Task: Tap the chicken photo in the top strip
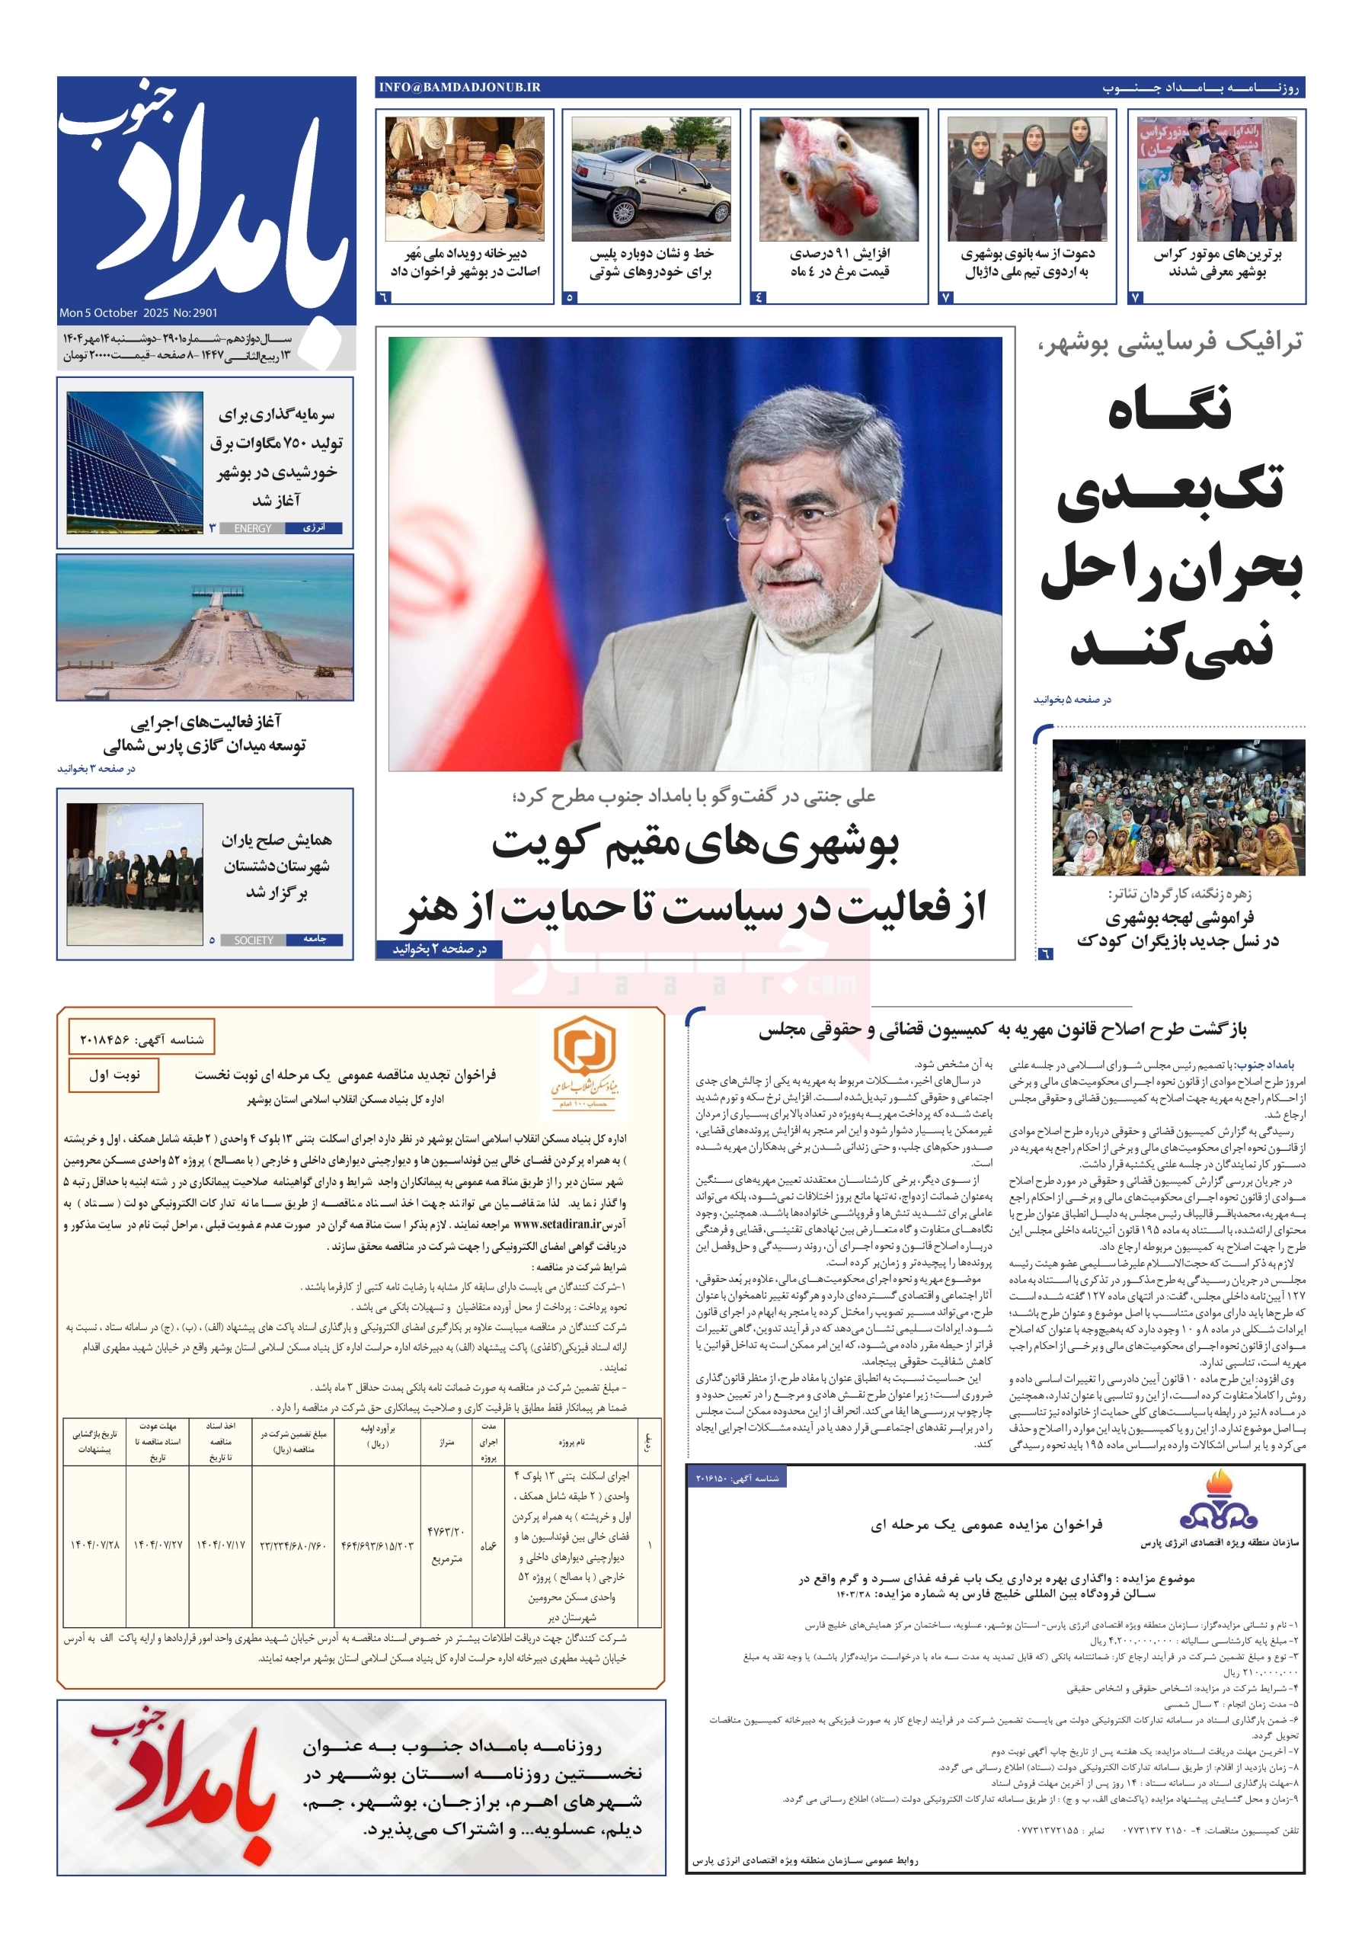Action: point(838,179)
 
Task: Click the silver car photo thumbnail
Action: point(651,179)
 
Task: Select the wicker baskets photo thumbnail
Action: point(464,179)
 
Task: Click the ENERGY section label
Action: point(252,529)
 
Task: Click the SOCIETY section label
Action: point(253,940)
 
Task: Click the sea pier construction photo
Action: point(205,627)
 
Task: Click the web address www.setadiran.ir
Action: point(558,1225)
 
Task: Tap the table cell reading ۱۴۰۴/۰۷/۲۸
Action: point(94,1544)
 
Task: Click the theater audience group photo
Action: point(1178,807)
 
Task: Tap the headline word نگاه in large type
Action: point(1171,411)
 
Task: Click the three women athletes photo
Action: point(1026,179)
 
